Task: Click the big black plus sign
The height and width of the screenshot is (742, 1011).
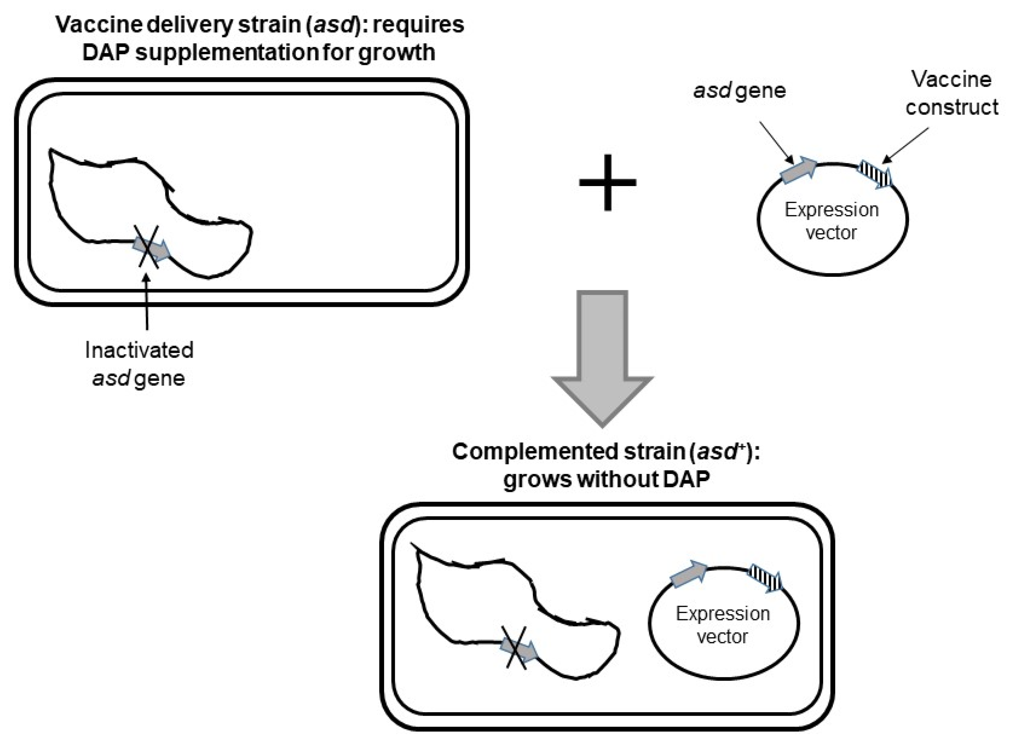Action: pos(607,182)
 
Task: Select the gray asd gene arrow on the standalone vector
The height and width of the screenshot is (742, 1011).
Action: pos(799,171)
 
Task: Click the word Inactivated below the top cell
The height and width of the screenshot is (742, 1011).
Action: pos(139,350)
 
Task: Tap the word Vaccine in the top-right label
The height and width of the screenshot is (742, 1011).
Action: pos(951,80)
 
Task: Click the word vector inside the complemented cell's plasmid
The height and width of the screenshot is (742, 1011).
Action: pos(722,636)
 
